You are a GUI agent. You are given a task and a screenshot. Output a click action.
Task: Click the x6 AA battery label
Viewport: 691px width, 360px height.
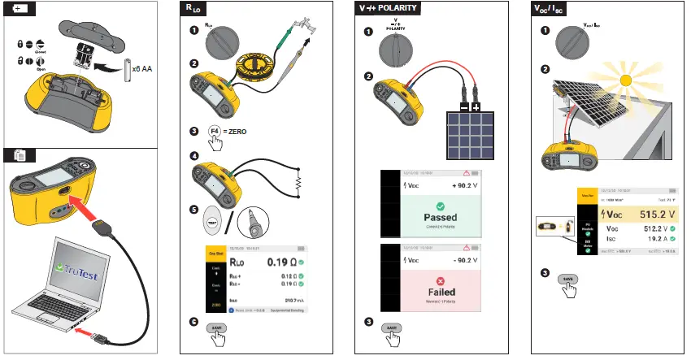click(144, 70)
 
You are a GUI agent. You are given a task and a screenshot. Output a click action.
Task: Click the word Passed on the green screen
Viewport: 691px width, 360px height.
click(439, 218)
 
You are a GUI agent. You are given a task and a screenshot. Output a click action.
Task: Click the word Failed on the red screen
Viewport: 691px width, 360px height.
click(439, 292)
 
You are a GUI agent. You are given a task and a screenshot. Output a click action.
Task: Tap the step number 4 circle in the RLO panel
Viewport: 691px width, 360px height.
click(193, 155)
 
